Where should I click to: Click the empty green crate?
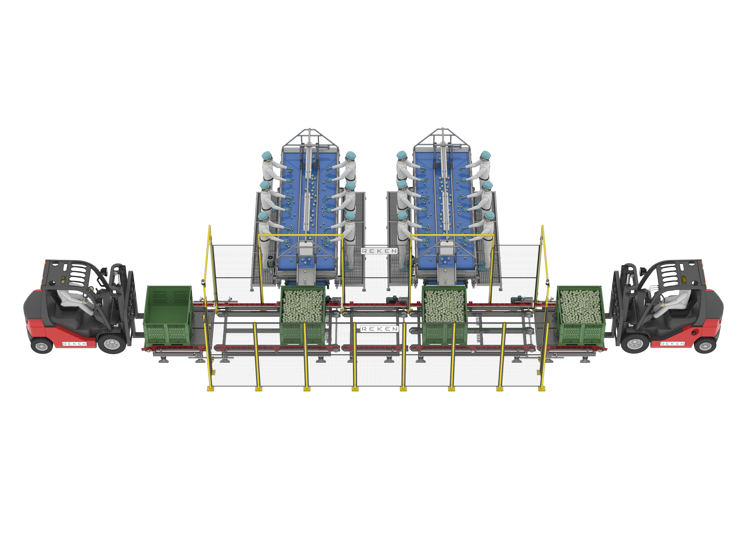168,315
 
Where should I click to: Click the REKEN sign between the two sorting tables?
379,251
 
